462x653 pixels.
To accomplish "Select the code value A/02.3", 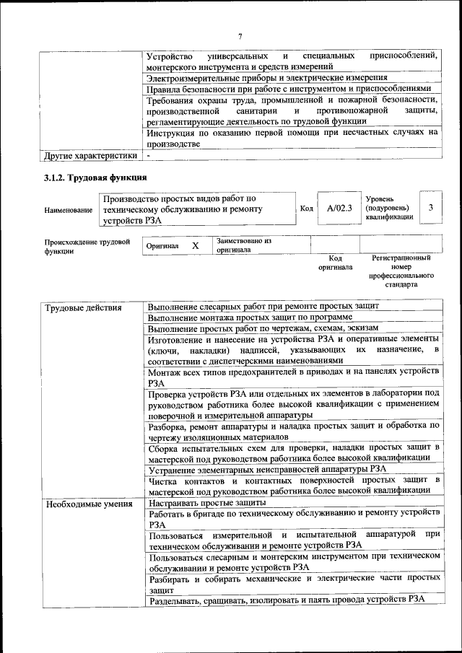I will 339,209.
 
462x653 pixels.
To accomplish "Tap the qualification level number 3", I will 430,208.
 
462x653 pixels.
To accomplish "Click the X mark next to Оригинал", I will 195,245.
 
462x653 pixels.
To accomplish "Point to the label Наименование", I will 68,209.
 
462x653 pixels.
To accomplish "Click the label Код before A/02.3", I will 306,209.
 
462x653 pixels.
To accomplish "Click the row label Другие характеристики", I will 90,155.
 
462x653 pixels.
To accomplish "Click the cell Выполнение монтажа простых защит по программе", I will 250,317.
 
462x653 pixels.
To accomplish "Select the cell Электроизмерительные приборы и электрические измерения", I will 267,77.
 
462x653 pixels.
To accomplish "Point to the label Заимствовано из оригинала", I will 244,245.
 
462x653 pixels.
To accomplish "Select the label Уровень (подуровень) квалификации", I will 389,206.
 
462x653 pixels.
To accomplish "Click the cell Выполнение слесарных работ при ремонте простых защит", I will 263,307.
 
